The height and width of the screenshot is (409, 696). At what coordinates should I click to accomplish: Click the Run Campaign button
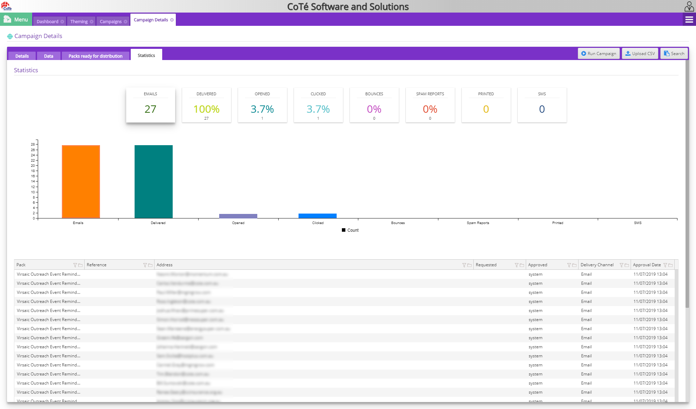point(598,53)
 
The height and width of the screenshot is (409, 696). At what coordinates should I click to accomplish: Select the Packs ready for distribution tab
point(95,56)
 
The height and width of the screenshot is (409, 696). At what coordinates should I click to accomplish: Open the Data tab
point(49,56)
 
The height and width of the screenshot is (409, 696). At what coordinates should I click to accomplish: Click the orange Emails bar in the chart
point(81,181)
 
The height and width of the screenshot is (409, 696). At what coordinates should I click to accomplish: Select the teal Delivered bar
point(153,181)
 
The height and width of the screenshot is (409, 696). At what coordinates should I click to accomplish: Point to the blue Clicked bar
point(317,216)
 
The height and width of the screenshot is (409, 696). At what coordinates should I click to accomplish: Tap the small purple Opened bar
point(238,216)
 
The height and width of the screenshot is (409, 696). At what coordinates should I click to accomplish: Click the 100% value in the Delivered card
point(206,109)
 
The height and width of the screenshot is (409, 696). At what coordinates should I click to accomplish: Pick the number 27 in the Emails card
point(150,109)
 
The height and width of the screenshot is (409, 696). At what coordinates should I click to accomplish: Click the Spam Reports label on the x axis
point(478,223)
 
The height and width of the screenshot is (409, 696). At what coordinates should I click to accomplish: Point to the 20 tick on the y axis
point(33,166)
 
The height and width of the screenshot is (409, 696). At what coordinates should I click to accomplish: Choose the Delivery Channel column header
point(597,265)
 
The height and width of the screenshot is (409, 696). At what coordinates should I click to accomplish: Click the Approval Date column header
point(647,265)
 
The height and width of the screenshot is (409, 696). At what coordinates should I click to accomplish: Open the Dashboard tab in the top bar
point(48,21)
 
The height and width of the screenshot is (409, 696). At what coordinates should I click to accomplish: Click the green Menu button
point(16,20)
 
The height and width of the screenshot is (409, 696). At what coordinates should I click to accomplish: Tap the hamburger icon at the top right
point(689,20)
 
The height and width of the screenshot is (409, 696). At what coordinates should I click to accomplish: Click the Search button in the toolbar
point(674,53)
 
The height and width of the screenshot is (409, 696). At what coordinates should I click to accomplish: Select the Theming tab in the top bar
point(79,21)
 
